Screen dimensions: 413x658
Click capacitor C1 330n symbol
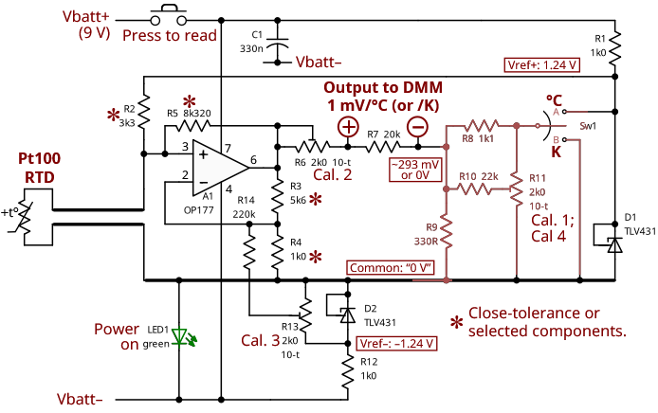tap(278, 43)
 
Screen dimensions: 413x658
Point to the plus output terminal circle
tap(348, 127)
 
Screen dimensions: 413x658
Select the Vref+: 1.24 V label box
tap(537, 65)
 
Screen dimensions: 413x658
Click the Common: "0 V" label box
tap(392, 268)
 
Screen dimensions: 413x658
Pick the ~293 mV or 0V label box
tap(414, 169)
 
